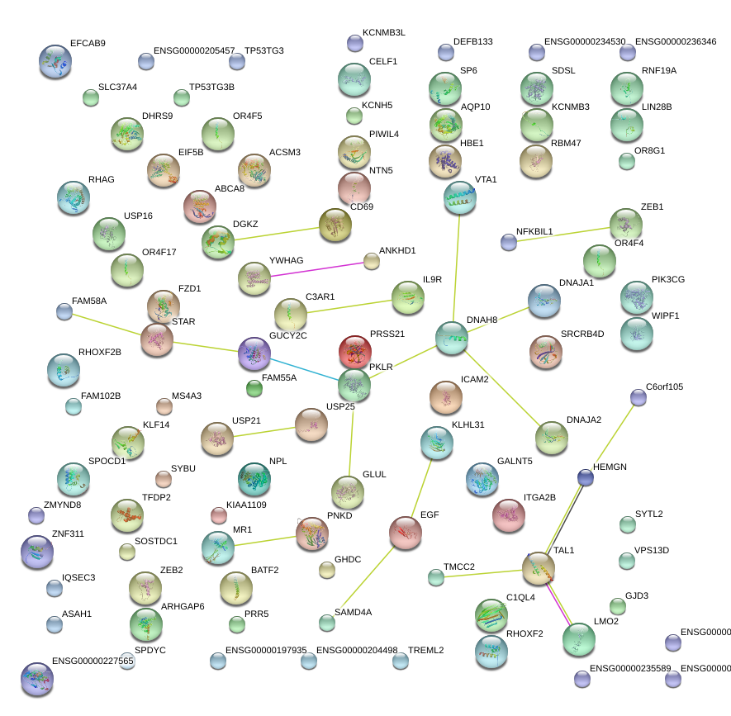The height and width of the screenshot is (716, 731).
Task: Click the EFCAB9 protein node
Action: tap(55, 61)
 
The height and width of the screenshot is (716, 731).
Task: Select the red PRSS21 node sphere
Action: tap(355, 352)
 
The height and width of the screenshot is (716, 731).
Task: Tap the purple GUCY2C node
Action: tap(254, 353)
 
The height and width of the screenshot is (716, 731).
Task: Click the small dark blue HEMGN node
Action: tap(586, 477)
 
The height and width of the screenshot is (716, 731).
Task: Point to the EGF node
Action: tap(406, 533)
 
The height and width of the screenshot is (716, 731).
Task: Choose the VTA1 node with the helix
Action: tap(459, 197)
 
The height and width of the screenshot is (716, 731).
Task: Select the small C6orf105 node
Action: tap(638, 397)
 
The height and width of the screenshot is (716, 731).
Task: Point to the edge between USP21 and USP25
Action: tap(264, 432)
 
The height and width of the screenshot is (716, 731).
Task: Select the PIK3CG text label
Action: tap(667, 280)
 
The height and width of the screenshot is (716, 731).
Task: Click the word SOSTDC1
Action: tap(156, 541)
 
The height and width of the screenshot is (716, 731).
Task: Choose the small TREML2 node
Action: tap(401, 661)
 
